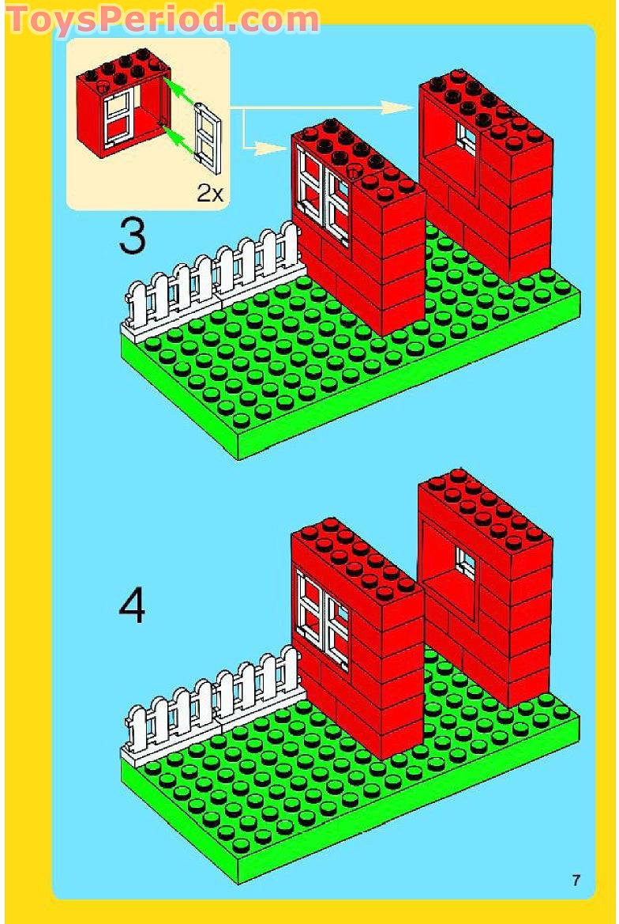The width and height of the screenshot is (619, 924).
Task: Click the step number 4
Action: tap(132, 608)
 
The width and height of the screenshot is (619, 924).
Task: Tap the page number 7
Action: tap(576, 880)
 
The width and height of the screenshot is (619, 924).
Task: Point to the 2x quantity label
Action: tap(210, 193)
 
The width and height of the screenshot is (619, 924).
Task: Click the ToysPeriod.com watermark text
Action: tap(162, 20)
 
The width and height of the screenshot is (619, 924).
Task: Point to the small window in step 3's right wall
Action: tap(467, 138)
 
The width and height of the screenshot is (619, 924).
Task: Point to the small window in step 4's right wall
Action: tap(466, 563)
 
